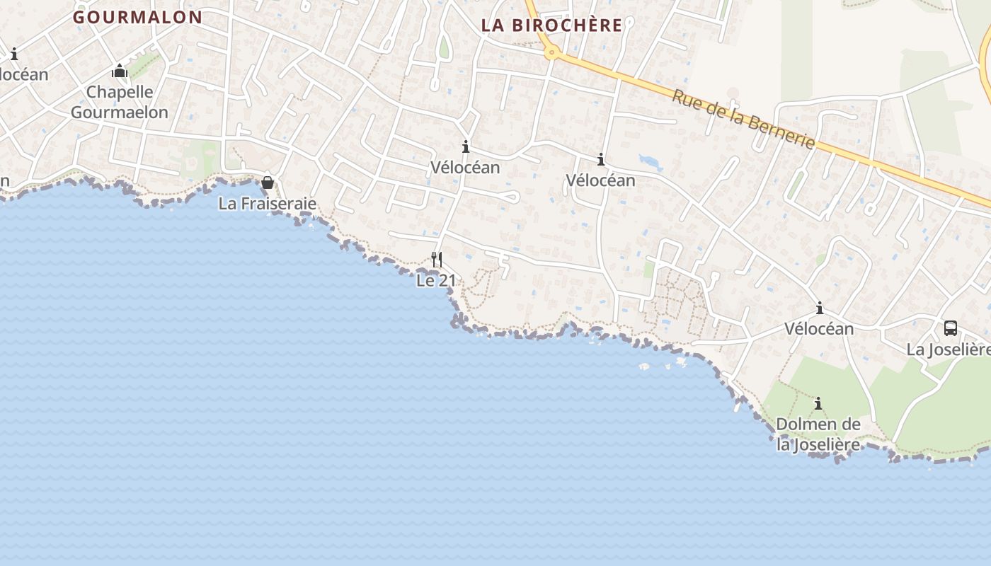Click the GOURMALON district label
coord(137,17)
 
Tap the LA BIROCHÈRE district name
coord(551,25)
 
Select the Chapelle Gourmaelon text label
coord(120,102)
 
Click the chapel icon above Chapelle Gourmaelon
coord(120,71)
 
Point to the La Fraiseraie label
coord(267,204)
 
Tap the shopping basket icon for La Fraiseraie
coord(268,183)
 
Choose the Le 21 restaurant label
coord(436,280)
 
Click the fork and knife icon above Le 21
coord(437,260)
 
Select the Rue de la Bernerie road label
coord(743,119)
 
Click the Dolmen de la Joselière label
coord(818,434)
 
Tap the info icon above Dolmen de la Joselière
coord(819,404)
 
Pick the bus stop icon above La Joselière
coord(951,328)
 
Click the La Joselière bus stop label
coord(949,350)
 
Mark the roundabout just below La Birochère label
coord(551,52)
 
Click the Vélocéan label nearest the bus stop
coord(819,328)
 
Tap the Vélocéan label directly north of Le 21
coord(465,168)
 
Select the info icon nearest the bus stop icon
coord(820,308)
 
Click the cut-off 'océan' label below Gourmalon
coord(24,74)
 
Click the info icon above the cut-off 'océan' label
coord(14,54)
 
